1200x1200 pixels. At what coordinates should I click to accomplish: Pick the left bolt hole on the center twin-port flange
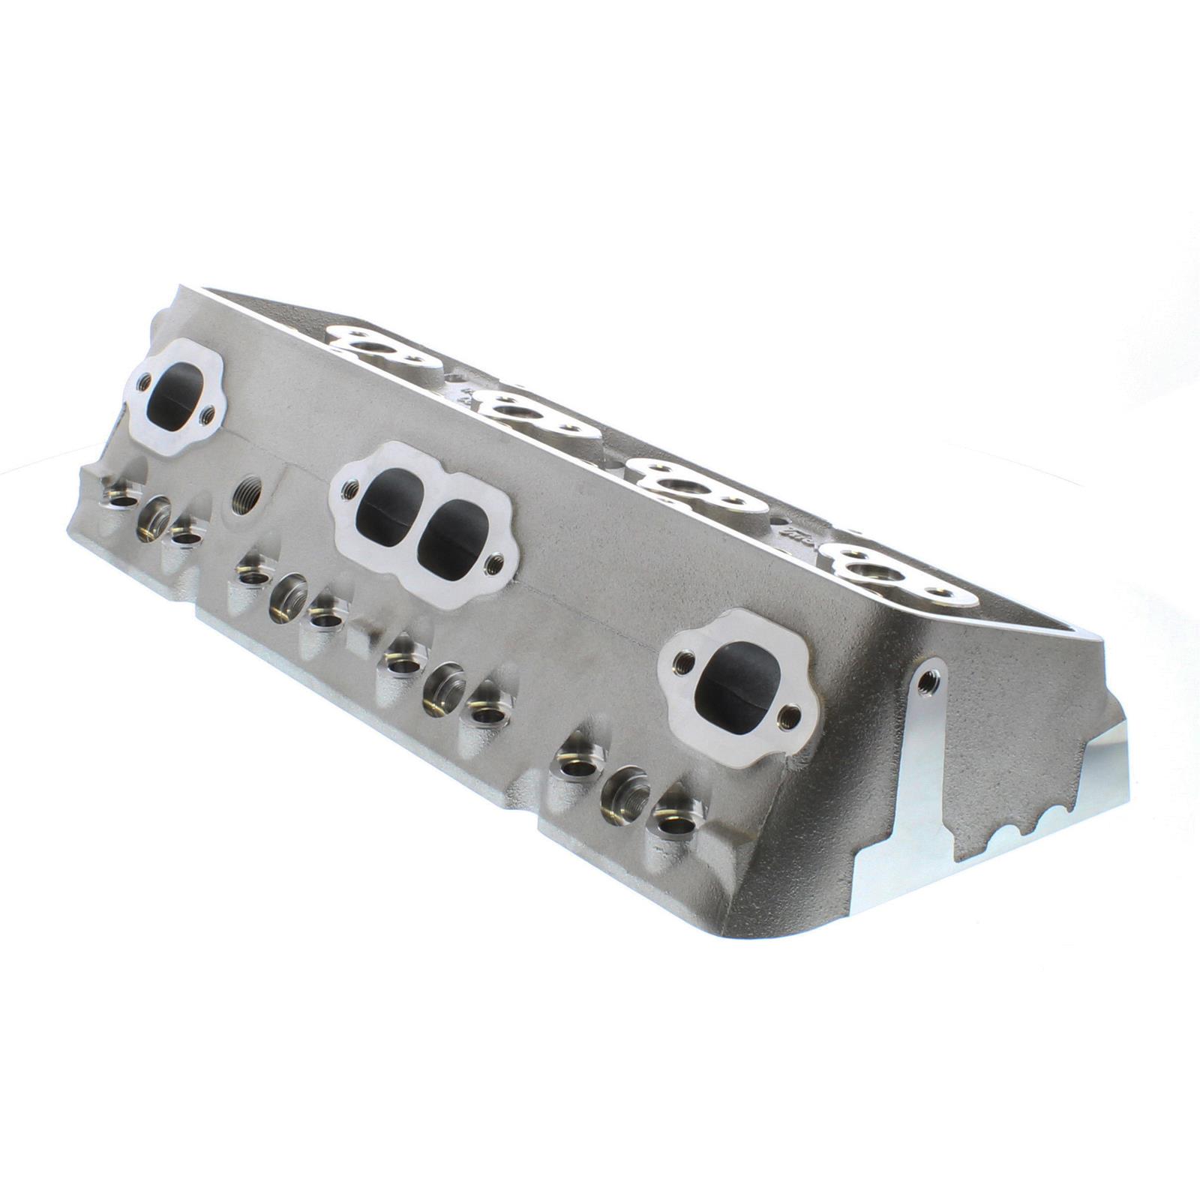[348, 491]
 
